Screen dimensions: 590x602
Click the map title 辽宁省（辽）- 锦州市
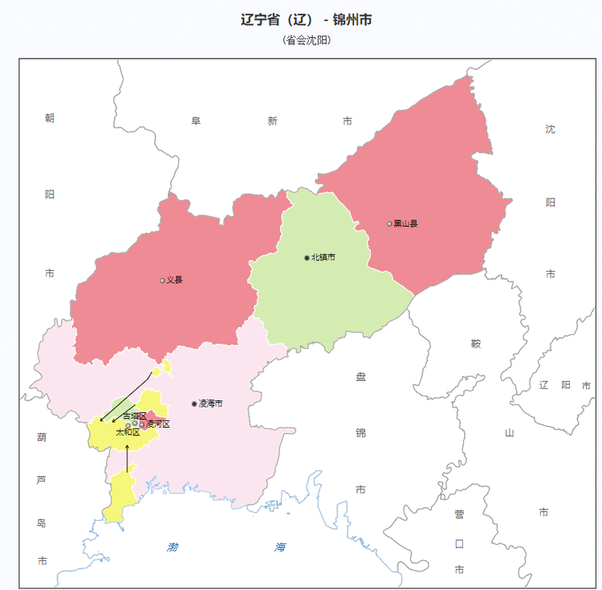click(306, 20)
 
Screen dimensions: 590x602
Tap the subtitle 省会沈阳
click(307, 40)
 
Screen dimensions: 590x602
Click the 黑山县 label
click(405, 223)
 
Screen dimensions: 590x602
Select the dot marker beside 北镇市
click(307, 257)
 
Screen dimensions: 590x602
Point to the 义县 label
click(174, 280)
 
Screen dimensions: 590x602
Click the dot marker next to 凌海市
click(194, 404)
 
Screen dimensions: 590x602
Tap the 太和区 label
click(128, 432)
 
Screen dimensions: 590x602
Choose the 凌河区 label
click(157, 424)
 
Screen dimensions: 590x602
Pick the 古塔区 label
click(135, 416)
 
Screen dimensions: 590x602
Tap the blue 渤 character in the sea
click(173, 547)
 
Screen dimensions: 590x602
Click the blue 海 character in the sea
click(279, 547)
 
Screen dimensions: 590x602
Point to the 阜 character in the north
click(196, 121)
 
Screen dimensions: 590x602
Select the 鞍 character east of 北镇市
click(475, 344)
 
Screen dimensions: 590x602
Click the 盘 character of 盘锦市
click(360, 376)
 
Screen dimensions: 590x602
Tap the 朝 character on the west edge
click(50, 118)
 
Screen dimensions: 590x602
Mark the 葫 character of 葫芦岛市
click(42, 437)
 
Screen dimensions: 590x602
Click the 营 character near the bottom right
click(459, 514)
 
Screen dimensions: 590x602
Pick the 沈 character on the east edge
click(550, 129)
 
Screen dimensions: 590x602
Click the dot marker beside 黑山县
click(389, 223)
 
